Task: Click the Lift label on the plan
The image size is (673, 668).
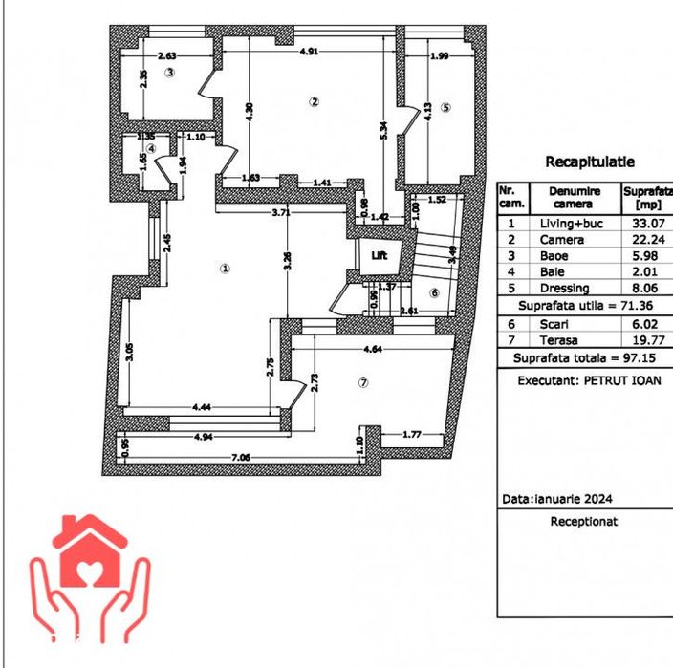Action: tap(379, 255)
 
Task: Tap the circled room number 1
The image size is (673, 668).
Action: tap(225, 269)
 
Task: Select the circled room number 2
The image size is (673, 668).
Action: tap(313, 101)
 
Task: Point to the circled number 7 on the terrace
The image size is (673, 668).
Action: tap(362, 382)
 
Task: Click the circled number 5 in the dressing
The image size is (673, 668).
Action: tap(445, 105)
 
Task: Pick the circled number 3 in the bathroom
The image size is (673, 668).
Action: tap(169, 72)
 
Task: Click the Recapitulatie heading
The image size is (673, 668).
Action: tap(590, 162)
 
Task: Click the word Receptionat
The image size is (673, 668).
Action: tap(584, 522)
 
